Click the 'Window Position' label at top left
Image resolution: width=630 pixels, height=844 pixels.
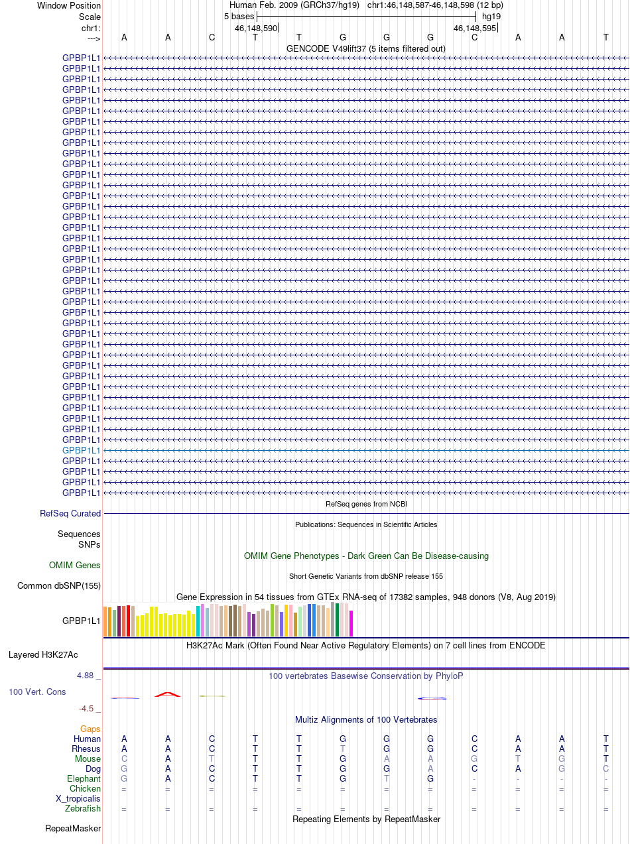tap(69, 6)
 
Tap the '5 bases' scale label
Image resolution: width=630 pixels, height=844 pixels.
tap(235, 16)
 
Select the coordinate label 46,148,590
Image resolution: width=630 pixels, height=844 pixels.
tap(256, 29)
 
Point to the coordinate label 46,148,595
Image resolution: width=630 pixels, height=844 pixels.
tap(474, 29)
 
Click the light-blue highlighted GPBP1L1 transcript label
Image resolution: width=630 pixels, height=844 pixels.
tap(81, 450)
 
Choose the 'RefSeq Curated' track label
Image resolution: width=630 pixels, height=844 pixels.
tap(70, 514)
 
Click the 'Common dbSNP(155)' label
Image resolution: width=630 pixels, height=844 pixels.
tap(59, 586)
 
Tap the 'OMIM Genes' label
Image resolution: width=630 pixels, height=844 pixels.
tap(75, 566)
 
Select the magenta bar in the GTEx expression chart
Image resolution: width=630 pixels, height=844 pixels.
tap(351, 624)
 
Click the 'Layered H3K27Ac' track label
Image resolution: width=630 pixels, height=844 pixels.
tap(43, 655)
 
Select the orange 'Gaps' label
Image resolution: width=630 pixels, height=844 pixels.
tap(90, 729)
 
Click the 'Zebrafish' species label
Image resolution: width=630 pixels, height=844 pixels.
tap(83, 809)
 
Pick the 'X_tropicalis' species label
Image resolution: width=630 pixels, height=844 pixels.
tap(78, 799)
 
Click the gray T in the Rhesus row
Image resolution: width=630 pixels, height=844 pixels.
tap(343, 749)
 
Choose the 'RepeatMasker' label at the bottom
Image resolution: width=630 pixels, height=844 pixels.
tap(73, 829)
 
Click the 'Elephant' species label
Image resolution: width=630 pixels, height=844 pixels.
tap(84, 779)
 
